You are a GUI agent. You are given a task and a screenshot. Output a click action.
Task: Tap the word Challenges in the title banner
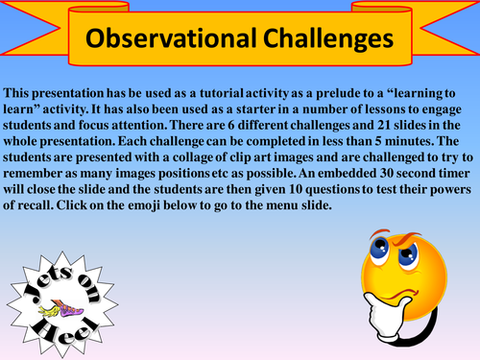[x=321, y=39]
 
